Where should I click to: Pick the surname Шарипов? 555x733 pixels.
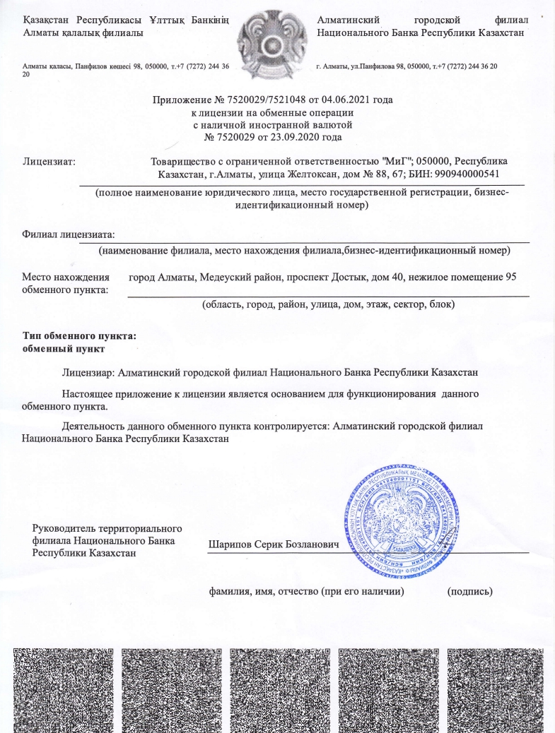click(x=232, y=545)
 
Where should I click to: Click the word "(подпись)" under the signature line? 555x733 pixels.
click(x=470, y=590)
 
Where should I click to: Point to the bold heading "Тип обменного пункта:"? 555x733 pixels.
click(x=78, y=335)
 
